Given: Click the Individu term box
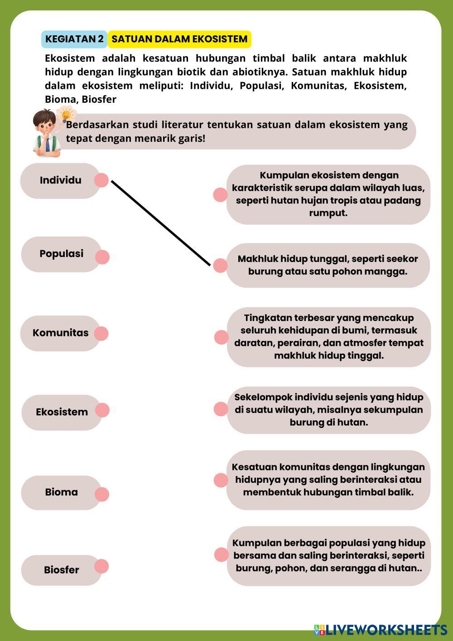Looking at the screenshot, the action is point(60,180).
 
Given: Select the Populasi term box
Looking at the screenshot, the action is point(61,254).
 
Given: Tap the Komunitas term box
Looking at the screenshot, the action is point(60,333).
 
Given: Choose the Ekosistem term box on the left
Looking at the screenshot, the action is point(62,412).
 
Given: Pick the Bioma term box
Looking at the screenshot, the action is point(61,492).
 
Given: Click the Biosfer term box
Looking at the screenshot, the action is point(61,570).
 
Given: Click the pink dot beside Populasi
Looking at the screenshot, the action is point(102,257).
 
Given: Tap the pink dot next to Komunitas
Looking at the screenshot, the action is point(101,333).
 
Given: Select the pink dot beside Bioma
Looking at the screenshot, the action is point(102,495).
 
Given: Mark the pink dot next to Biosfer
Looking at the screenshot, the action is point(101,566).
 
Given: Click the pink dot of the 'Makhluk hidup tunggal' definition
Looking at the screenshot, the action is point(220,266).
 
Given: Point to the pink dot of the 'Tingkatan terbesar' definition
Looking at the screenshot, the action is point(221,337).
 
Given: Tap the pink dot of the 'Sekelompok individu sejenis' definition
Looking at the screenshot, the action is point(221,409).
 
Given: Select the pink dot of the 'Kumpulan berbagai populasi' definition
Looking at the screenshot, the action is point(221,554).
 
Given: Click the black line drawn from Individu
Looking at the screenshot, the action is point(161,223).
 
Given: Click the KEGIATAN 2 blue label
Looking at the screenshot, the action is point(74,39).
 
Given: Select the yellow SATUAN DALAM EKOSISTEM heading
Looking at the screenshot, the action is point(179,39).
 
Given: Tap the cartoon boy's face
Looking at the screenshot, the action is point(45,126).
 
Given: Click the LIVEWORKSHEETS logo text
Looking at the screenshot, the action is point(386,629).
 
